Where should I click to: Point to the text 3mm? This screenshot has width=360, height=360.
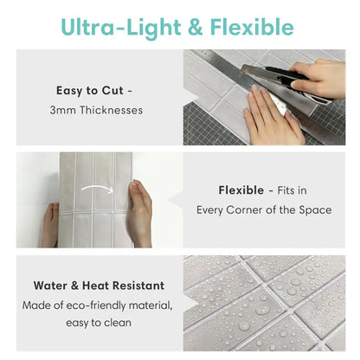(61, 110)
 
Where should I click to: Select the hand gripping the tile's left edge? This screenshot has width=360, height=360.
(51, 223)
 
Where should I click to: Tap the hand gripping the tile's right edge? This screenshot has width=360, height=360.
(140, 212)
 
